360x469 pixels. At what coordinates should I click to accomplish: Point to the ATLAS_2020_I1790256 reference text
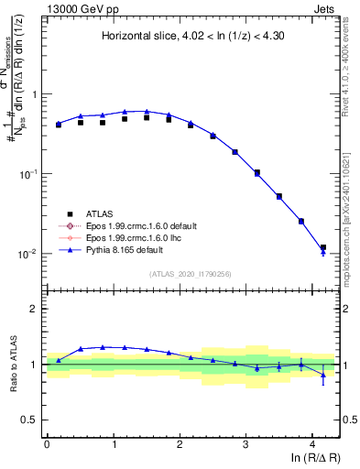pos(191,273)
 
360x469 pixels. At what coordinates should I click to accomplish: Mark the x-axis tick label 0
pos(47,443)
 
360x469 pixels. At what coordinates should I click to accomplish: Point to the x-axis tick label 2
pos(180,443)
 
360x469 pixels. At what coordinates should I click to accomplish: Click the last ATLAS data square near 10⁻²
pos(322,247)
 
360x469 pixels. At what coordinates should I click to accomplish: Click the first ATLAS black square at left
pos(59,125)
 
